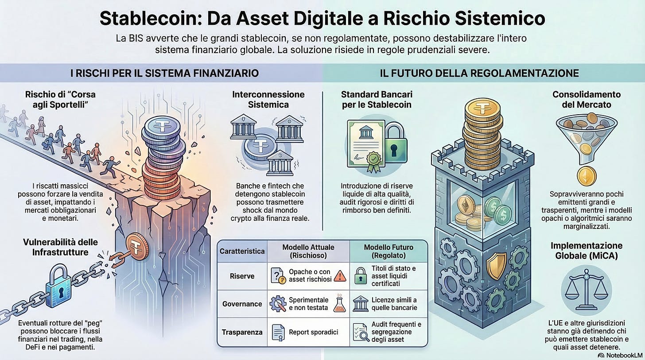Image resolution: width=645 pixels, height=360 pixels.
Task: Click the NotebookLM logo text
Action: (x=620, y=355)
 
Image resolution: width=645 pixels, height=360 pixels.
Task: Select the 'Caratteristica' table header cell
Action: (x=242, y=251)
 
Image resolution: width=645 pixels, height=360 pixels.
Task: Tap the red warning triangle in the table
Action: (x=340, y=276)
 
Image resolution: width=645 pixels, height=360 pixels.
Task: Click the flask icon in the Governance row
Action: (x=340, y=303)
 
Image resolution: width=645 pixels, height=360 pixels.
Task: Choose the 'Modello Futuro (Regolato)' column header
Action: (x=388, y=251)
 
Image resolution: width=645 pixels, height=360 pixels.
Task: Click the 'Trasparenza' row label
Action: (x=242, y=332)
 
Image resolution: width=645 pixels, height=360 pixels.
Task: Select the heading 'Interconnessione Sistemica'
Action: (x=268, y=99)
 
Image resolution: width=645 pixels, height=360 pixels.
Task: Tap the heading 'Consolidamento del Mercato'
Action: (x=586, y=99)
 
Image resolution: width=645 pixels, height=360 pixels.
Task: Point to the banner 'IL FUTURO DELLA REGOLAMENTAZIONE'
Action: (x=479, y=73)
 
